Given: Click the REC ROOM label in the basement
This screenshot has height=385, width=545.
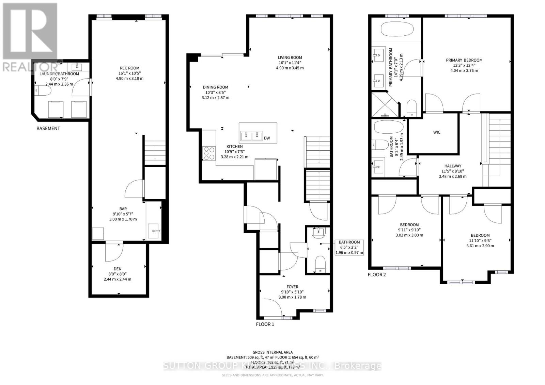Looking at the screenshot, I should click(129, 68).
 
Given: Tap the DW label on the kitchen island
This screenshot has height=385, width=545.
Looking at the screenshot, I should click(267, 138).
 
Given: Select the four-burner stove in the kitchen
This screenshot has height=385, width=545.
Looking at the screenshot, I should click(208, 153).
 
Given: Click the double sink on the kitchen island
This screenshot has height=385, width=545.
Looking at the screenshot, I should click(252, 136).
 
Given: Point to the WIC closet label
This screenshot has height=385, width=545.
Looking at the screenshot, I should click(437, 132).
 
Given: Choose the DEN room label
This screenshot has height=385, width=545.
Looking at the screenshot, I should click(118, 269).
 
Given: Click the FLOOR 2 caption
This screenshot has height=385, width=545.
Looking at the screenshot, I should click(377, 274).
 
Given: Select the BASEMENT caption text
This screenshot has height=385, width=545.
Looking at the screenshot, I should click(48, 128).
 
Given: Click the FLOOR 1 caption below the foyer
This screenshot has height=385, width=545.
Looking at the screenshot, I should click(265, 324).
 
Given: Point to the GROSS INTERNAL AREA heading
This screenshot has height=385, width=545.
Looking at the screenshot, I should click(272, 352).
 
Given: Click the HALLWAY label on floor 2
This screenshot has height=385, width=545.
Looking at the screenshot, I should click(453, 166).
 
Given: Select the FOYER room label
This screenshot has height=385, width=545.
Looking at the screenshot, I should click(292, 287).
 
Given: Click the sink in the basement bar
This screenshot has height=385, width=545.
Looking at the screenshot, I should click(154, 231).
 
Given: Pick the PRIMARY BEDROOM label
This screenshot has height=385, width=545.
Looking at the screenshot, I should click(464, 60).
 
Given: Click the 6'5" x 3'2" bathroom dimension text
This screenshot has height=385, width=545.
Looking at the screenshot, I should click(349, 247).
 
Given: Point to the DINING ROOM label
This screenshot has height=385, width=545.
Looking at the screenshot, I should click(215, 87).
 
